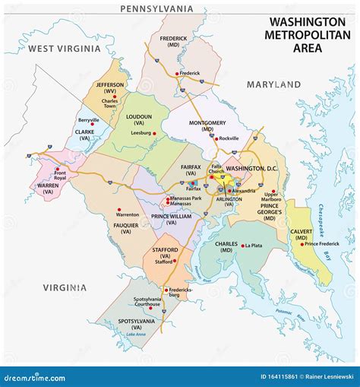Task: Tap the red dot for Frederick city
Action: click(177, 74)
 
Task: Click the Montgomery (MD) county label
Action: click(201, 125)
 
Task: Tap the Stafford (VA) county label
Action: click(164, 251)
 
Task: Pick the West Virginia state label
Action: click(64, 49)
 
